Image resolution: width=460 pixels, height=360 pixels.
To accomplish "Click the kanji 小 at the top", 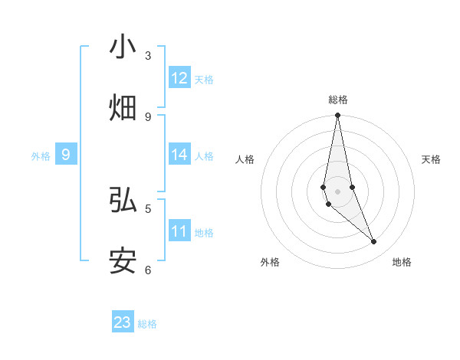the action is [x=123, y=47].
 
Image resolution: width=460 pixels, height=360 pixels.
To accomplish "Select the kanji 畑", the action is [x=123, y=107].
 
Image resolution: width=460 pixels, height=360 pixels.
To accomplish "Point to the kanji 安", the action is [x=123, y=260].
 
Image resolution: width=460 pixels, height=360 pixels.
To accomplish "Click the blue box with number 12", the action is [x=179, y=78].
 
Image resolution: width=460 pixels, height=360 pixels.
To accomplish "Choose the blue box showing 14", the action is [x=179, y=155].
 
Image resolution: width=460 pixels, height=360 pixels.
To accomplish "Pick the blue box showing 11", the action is [x=179, y=231].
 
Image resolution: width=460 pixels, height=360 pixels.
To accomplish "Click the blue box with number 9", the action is [x=66, y=155].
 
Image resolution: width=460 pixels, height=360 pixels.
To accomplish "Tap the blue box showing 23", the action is [x=123, y=322].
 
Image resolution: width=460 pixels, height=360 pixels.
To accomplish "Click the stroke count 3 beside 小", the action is [x=148, y=56].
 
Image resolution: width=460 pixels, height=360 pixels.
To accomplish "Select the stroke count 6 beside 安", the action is [x=148, y=270].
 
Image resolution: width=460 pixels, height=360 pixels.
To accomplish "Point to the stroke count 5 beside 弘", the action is [x=148, y=208].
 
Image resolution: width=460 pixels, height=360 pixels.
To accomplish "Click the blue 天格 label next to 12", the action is [x=204, y=80].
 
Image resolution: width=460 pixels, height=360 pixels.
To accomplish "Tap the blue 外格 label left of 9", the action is [x=41, y=156].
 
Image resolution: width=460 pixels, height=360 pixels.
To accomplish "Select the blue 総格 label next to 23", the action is [x=147, y=324].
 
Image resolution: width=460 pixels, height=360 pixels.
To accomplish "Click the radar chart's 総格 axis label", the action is [x=338, y=100].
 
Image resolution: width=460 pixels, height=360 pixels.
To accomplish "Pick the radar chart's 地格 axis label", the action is [x=402, y=262].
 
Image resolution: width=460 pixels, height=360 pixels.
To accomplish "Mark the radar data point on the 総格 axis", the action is [x=337, y=116].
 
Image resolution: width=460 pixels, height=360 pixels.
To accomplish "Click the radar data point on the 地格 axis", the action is [x=374, y=242].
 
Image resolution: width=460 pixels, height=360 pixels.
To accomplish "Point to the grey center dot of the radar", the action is [x=337, y=191].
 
